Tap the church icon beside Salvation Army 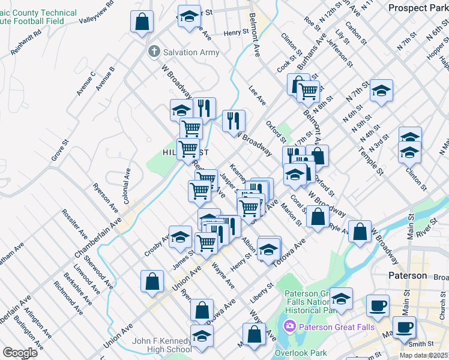pyautogui.click(x=154, y=52)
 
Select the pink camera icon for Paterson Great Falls pyautogui.click(x=289, y=327)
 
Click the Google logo pyautogui.click(x=20, y=352)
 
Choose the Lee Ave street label pyautogui.click(x=257, y=95)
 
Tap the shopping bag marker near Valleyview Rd pyautogui.click(x=142, y=23)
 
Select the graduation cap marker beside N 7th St pyautogui.click(x=381, y=91)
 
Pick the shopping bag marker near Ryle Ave pyautogui.click(x=360, y=233)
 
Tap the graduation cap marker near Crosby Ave pyautogui.click(x=180, y=238)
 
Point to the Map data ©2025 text pyautogui.click(x=424, y=355)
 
